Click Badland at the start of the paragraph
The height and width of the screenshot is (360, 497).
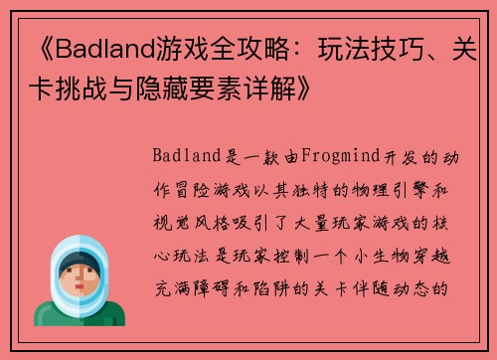pos(186,156)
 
